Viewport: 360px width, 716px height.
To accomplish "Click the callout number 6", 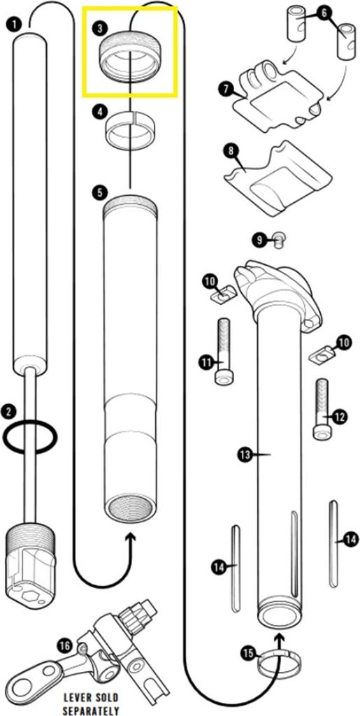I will [323, 12].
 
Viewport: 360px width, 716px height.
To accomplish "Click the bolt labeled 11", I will [224, 350].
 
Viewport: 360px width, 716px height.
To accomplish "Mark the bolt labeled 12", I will [321, 408].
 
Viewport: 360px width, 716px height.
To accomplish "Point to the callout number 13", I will [245, 454].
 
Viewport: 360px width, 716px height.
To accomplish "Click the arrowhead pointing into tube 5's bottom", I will [129, 538].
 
